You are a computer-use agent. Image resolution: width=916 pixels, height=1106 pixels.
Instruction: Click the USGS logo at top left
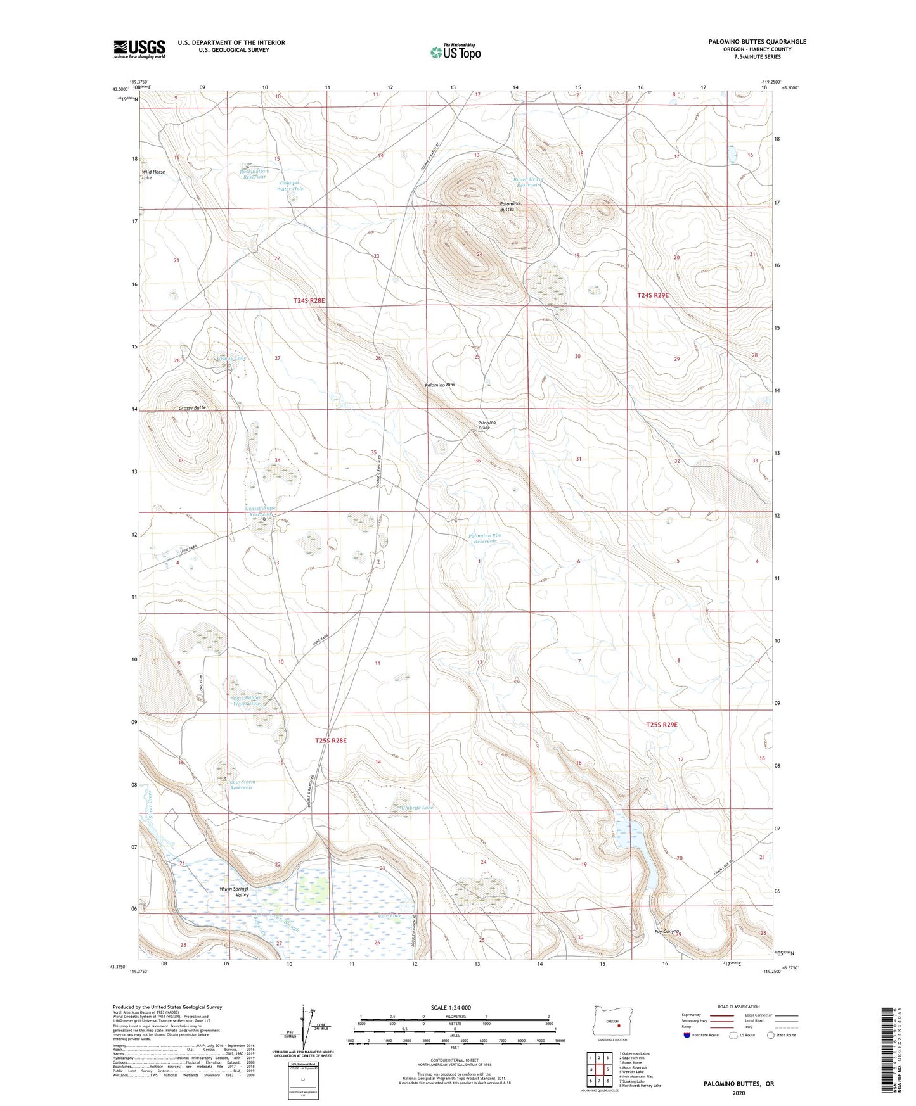click(139, 49)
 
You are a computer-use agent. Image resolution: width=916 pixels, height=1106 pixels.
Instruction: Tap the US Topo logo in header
click(455, 52)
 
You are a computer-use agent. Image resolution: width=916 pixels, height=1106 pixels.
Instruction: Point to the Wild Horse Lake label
click(153, 175)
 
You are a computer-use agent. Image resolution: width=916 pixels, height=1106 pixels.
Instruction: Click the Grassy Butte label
click(192, 407)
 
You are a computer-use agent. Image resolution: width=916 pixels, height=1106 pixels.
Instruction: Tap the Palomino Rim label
click(439, 385)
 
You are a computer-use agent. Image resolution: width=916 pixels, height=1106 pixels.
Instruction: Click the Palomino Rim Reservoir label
click(485, 538)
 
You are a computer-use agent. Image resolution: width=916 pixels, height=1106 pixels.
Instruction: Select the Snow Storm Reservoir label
click(241, 785)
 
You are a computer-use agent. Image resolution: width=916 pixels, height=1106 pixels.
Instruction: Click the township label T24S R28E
click(309, 300)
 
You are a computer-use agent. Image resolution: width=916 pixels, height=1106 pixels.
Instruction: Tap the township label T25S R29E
click(662, 725)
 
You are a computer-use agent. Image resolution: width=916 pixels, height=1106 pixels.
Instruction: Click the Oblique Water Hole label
click(292, 186)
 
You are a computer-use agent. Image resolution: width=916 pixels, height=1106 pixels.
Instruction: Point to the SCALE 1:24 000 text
click(451, 1007)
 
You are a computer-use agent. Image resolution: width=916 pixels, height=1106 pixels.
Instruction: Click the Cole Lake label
click(390, 916)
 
